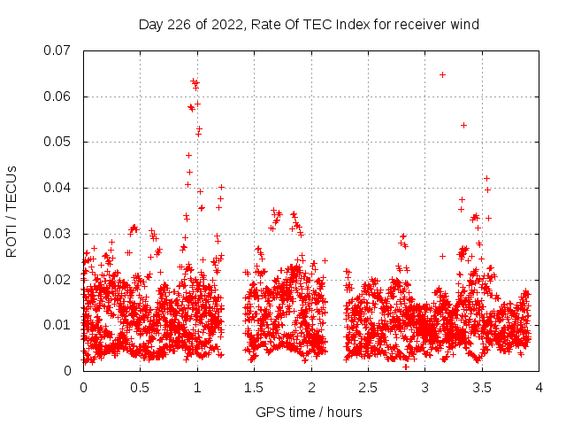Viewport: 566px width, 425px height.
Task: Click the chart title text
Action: click(x=309, y=24)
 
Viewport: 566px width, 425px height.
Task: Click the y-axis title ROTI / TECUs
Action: click(x=11, y=211)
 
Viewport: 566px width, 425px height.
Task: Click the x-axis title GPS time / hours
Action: click(x=309, y=412)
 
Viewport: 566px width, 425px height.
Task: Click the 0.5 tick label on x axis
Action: click(x=140, y=387)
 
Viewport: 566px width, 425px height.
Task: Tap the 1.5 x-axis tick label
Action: click(x=254, y=387)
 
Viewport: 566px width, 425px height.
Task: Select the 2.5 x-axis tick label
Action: click(x=368, y=387)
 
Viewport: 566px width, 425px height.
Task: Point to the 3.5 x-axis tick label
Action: click(x=482, y=387)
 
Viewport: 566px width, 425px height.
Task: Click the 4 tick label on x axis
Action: click(x=539, y=387)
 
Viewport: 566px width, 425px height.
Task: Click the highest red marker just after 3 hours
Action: click(x=442, y=74)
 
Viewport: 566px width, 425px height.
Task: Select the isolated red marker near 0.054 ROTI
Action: click(x=463, y=125)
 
